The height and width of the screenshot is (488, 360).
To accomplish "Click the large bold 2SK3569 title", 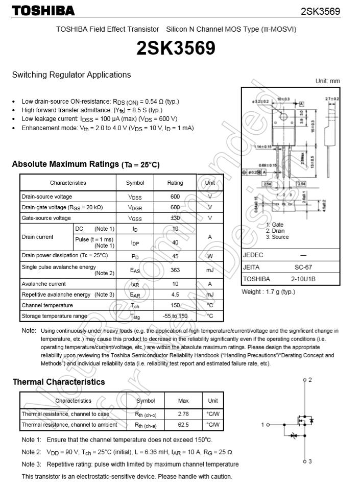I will click(x=175, y=48).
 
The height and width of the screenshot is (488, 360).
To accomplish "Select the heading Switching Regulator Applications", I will click(x=71, y=75).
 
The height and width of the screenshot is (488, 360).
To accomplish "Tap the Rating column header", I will click(x=175, y=183).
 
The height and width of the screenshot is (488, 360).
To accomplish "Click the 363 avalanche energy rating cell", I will click(x=175, y=270).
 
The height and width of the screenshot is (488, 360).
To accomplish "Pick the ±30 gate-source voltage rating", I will click(x=175, y=218).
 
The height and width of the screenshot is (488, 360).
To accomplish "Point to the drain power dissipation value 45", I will click(x=175, y=255).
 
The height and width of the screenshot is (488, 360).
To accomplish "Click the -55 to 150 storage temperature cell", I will click(x=175, y=316).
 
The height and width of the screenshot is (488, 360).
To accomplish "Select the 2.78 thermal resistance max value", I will click(x=183, y=414).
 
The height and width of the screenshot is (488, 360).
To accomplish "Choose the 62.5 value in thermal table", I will click(x=183, y=425).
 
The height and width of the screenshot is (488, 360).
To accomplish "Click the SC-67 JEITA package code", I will click(x=303, y=267).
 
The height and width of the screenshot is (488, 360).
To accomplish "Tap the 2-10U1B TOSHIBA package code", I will click(x=303, y=279).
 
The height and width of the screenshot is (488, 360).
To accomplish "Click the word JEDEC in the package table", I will click(x=253, y=255).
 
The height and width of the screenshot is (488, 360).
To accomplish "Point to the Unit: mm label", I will click(x=327, y=81).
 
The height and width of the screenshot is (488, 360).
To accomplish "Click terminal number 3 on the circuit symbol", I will click(x=309, y=461).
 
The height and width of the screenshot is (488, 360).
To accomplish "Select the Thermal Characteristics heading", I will click(x=59, y=382).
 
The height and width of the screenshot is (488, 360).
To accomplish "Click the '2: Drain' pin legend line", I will click(x=275, y=231).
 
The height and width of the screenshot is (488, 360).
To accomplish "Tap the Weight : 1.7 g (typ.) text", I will click(x=268, y=292).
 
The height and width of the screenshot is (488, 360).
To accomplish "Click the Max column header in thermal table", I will click(x=183, y=401).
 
